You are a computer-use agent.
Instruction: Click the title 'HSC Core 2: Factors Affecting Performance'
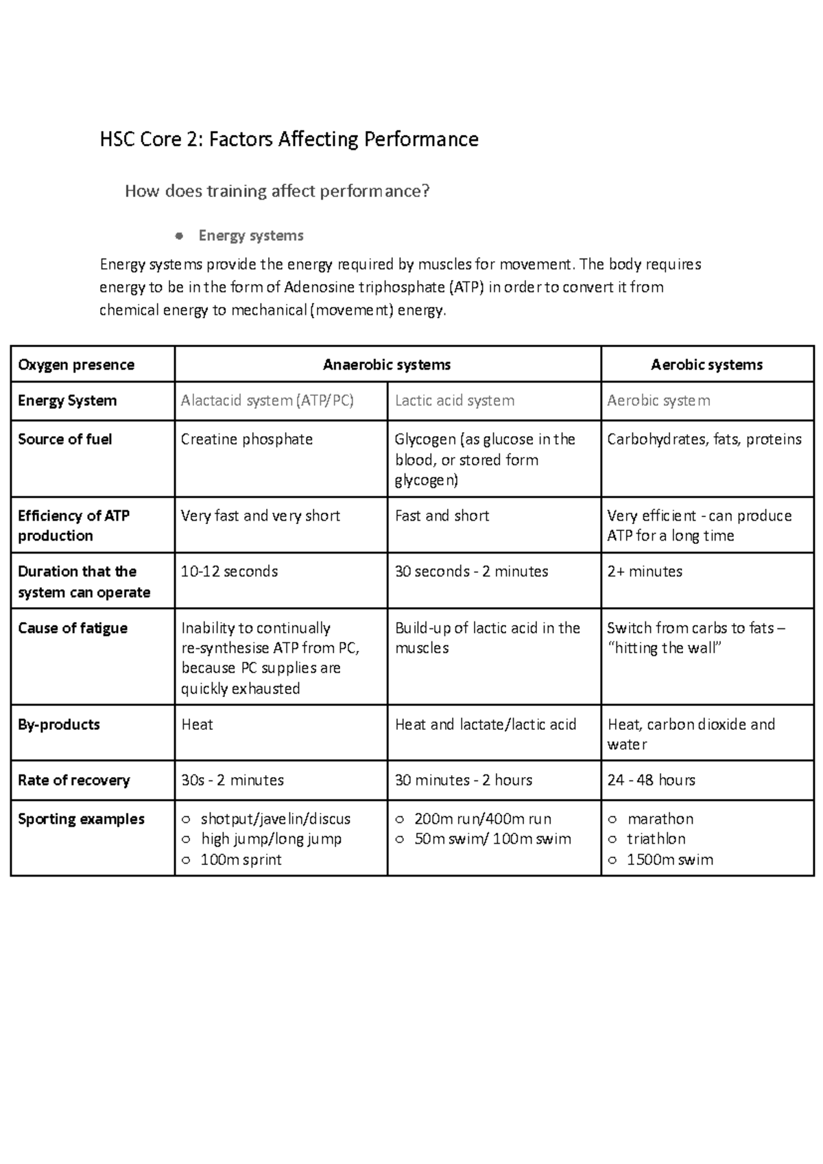pos(289,140)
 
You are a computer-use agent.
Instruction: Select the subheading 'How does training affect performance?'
pos(277,191)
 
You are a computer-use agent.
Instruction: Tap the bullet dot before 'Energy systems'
pos(179,236)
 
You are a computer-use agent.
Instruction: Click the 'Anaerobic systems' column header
pos(387,365)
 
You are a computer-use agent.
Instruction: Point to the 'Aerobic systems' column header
pos(706,365)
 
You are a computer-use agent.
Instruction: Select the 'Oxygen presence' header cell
pos(76,365)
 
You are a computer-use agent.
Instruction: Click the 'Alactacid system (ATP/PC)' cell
pos(267,401)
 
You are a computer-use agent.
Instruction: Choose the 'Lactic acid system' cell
pos(454,401)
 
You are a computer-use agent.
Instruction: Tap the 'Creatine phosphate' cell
pos(246,439)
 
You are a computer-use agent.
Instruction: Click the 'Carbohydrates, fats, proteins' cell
pos(704,439)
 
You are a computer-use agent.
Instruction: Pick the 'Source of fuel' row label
pos(65,439)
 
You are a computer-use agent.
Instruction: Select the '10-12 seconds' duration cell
pos(229,571)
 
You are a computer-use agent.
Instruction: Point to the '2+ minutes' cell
pos(645,571)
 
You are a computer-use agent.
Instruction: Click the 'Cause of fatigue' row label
pos(73,628)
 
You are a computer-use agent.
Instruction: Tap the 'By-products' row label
pos(59,724)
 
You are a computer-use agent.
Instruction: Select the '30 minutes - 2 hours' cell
pos(464,780)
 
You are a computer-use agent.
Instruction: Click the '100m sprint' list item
pos(241,859)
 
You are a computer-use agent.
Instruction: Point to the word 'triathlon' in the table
pos(656,839)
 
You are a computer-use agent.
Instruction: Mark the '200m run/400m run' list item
pos(483,819)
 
